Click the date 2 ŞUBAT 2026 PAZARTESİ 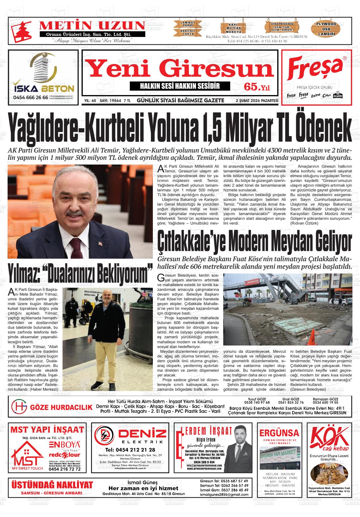[256, 101]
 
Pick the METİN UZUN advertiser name [92, 25]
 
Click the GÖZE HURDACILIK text [61, 407]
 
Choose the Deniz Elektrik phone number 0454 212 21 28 [130, 450]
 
